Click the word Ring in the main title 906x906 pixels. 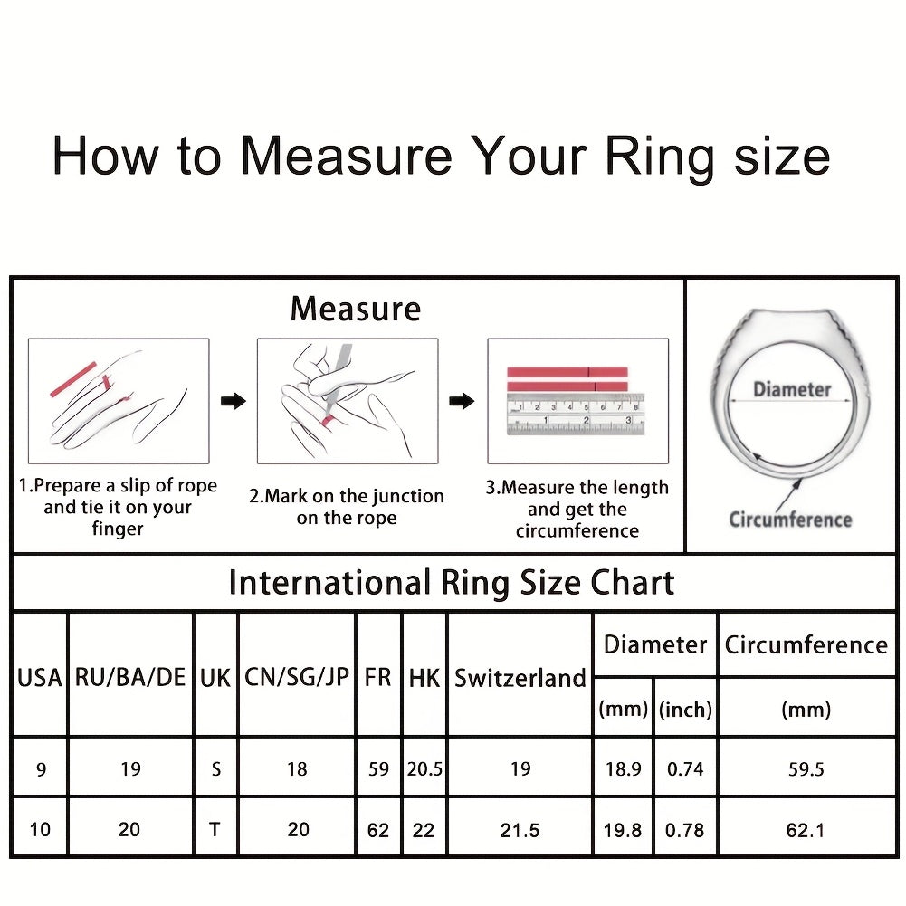pyautogui.click(x=661, y=157)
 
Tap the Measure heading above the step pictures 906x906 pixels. pyautogui.click(x=356, y=309)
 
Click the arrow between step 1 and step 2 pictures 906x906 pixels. pyautogui.click(x=234, y=400)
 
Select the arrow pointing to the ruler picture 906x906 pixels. pyautogui.click(x=462, y=400)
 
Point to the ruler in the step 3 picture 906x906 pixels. pyautogui.click(x=576, y=414)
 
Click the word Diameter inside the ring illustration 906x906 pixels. pyautogui.click(x=792, y=389)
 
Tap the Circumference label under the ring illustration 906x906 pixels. pyautogui.click(x=790, y=520)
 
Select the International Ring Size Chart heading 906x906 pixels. pyautogui.click(x=452, y=583)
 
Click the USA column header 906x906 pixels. pyautogui.click(x=39, y=678)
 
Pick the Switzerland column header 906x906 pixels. pyautogui.click(x=520, y=678)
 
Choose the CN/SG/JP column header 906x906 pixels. pyautogui.click(x=296, y=677)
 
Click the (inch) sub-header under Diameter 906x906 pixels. pyautogui.click(x=685, y=709)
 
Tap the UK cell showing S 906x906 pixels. pyautogui.click(x=216, y=769)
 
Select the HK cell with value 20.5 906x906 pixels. pyautogui.click(x=424, y=769)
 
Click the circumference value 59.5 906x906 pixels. pyautogui.click(x=806, y=769)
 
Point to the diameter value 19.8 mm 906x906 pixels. pyautogui.click(x=623, y=830)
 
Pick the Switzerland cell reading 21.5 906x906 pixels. pyautogui.click(x=520, y=830)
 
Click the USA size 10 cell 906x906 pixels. pyautogui.click(x=40, y=830)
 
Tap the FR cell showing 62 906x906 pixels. pyautogui.click(x=378, y=830)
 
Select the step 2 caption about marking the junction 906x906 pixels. pyautogui.click(x=347, y=507)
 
